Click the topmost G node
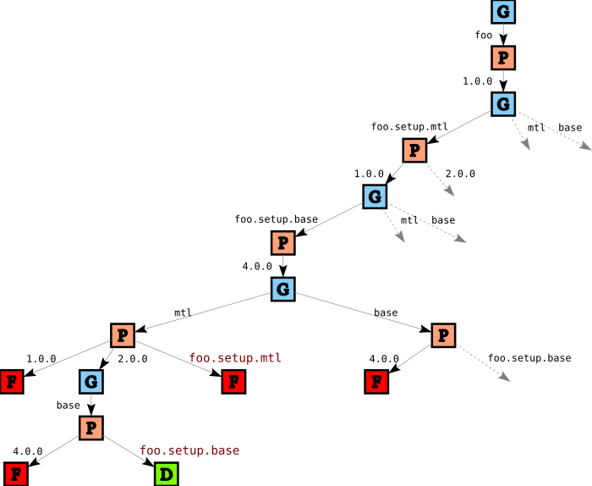(x=503, y=12)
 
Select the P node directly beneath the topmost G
(x=503, y=58)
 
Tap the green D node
(x=166, y=474)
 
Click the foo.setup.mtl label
(x=234, y=358)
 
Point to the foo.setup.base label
(x=189, y=450)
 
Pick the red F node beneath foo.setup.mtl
(x=233, y=382)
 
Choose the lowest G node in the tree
(x=91, y=382)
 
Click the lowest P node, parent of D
(x=91, y=428)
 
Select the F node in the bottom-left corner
(x=16, y=474)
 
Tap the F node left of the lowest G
(x=11, y=382)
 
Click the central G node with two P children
(x=283, y=290)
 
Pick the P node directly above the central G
(x=283, y=244)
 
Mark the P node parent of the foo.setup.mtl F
(x=123, y=335)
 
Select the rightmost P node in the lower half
(x=443, y=335)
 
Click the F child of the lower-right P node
(x=376, y=382)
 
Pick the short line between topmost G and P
(x=503, y=35)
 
